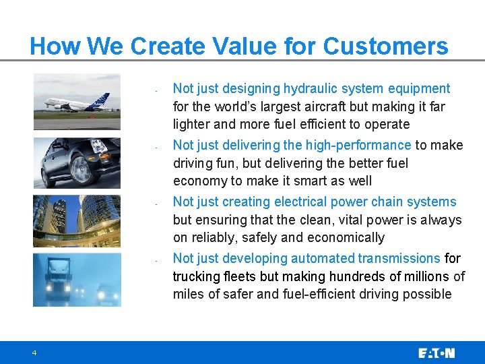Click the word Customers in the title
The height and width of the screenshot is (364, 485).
point(385,47)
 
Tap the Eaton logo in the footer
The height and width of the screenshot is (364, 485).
point(437,353)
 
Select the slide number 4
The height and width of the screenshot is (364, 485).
point(33,353)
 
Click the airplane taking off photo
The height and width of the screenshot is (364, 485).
point(77,102)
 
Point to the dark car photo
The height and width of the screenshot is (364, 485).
point(77,163)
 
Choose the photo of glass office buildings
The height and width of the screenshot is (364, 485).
point(77,220)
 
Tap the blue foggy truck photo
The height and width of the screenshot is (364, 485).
point(77,279)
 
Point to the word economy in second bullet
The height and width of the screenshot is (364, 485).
point(199,181)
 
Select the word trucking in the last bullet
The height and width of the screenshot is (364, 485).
point(195,276)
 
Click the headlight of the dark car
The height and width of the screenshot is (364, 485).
point(98,147)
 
